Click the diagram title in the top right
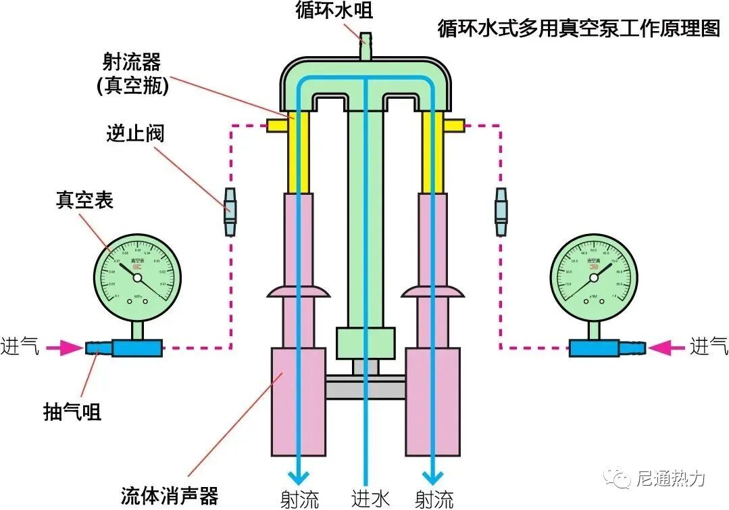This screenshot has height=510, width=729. tap(578, 29)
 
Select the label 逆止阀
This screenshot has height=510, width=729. tap(134, 133)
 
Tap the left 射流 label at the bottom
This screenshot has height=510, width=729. tap(299, 499)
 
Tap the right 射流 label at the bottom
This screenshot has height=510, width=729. tap(434, 499)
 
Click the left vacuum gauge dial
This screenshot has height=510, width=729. tap(137, 277)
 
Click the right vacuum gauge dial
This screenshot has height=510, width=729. tap(594, 277)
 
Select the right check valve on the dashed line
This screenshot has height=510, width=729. tap(501, 212)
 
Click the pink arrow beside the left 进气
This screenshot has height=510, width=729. tap(68, 348)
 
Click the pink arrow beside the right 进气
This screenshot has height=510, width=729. tap(663, 348)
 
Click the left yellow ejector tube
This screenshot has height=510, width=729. tap(299, 152)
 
